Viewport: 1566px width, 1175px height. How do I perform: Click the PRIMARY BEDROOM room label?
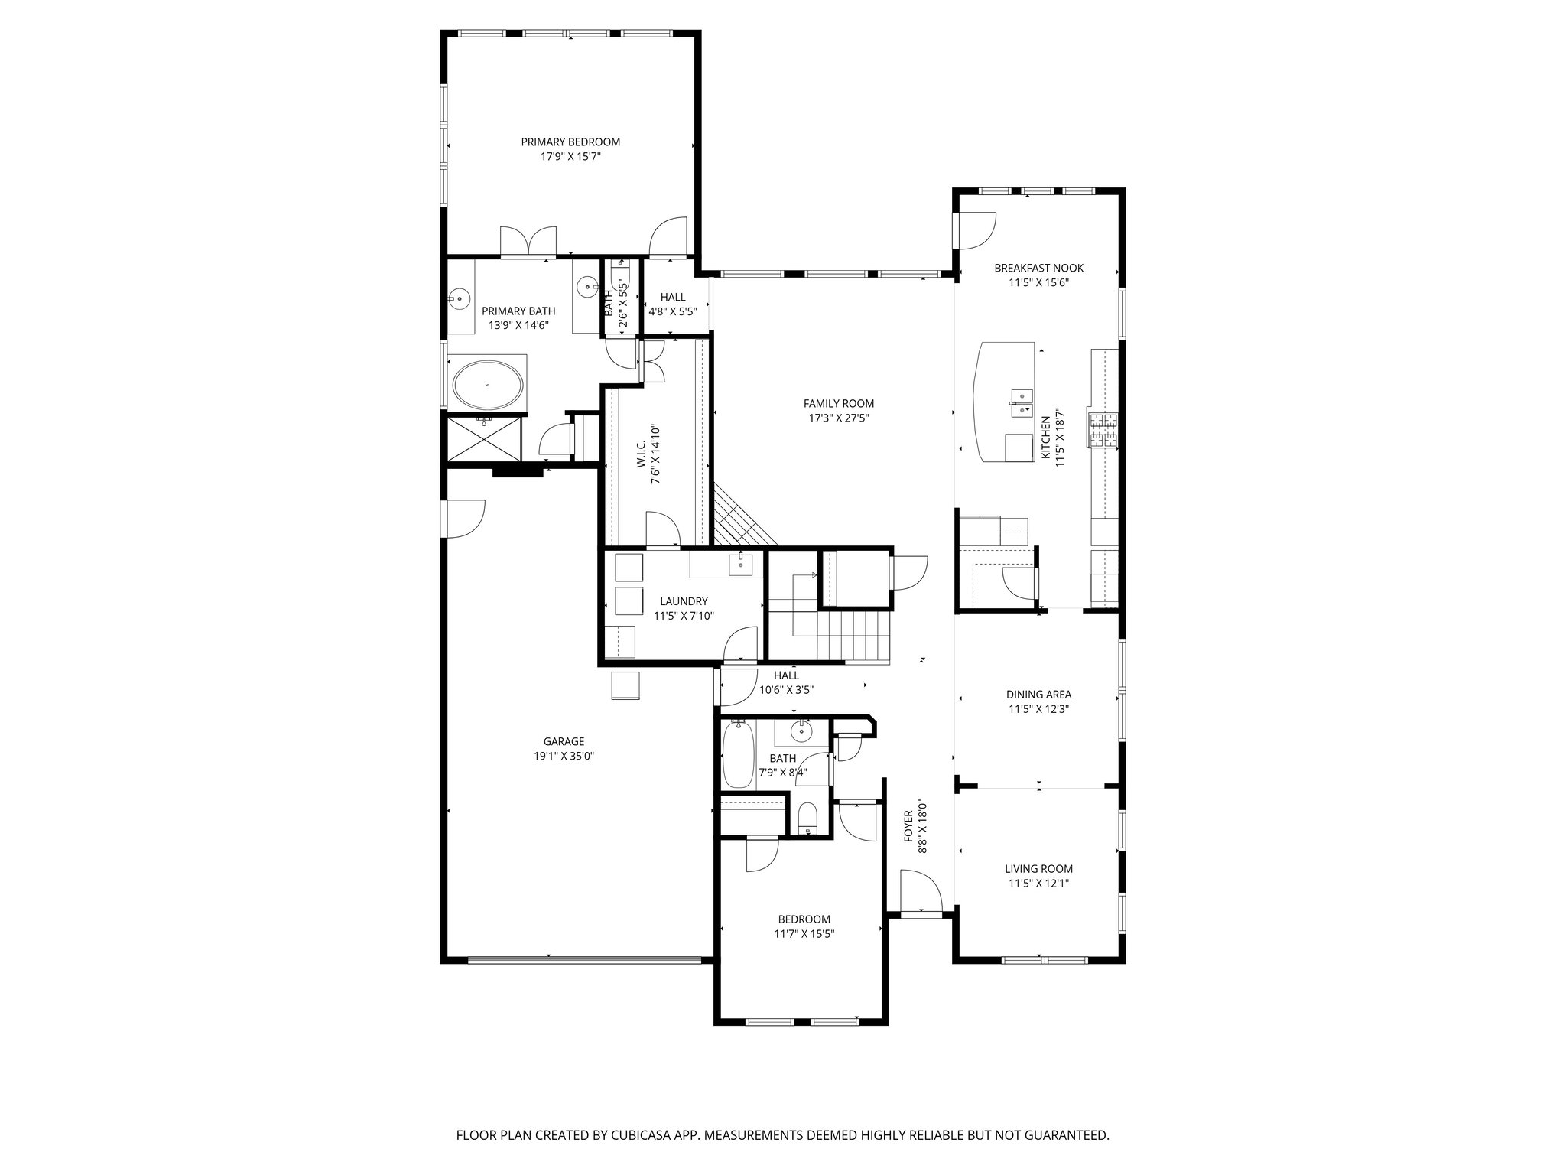click(x=570, y=142)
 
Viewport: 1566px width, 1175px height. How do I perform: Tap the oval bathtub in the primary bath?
click(x=489, y=385)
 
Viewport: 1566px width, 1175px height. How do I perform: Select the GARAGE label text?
click(x=564, y=741)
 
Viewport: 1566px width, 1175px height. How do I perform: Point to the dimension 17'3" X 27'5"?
click(x=838, y=418)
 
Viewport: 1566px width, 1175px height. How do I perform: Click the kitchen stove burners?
click(x=1103, y=429)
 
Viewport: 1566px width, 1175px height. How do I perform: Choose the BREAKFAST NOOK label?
click(x=1038, y=268)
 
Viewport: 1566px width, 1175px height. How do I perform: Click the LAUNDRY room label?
click(x=684, y=601)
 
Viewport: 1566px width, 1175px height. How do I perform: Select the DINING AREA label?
click(x=1038, y=695)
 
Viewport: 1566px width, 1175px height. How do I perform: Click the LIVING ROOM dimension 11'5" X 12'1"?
click(x=1038, y=884)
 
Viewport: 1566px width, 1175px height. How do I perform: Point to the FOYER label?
click(x=908, y=826)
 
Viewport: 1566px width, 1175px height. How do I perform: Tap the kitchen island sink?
click(x=1021, y=403)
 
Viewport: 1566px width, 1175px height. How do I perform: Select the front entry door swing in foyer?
click(x=921, y=891)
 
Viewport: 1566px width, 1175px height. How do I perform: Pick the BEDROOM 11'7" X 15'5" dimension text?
click(x=804, y=933)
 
